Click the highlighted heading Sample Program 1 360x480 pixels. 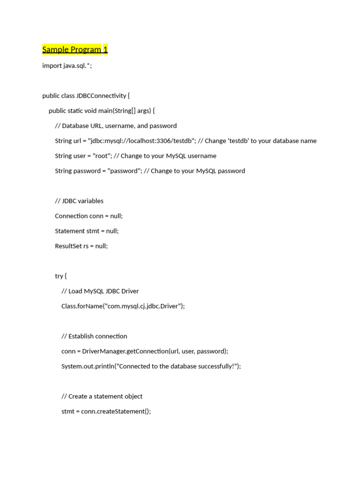75,50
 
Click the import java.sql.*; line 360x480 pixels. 67,66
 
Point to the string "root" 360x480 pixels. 100,156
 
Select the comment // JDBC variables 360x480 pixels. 79,201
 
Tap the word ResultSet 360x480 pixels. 68,246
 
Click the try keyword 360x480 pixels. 59,276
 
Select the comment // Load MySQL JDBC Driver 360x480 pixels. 100,291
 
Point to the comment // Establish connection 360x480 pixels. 94,336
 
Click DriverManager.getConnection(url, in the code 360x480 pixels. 127,351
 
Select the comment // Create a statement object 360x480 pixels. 102,396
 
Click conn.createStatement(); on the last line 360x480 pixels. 116,411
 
